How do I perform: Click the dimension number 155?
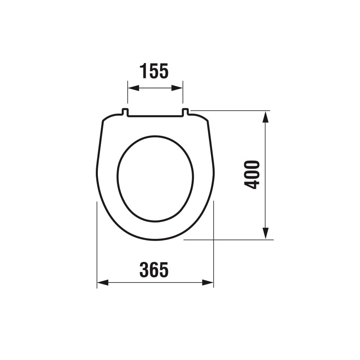pos(154,71)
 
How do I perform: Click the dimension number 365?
pos(154,270)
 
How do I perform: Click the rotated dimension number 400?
pos(252,175)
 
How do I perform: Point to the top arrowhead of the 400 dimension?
pos(266,117)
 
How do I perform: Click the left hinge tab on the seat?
pos(125,112)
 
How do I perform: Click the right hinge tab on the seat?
pos(185,112)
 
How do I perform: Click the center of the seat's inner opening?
pos(155,178)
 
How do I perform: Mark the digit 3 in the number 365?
pos(144,270)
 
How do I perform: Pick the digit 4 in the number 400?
pos(252,185)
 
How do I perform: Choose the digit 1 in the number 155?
pos(143,71)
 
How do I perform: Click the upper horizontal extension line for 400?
pos(232,111)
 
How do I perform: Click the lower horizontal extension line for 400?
pos(232,240)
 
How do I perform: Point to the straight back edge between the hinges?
pos(155,116)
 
